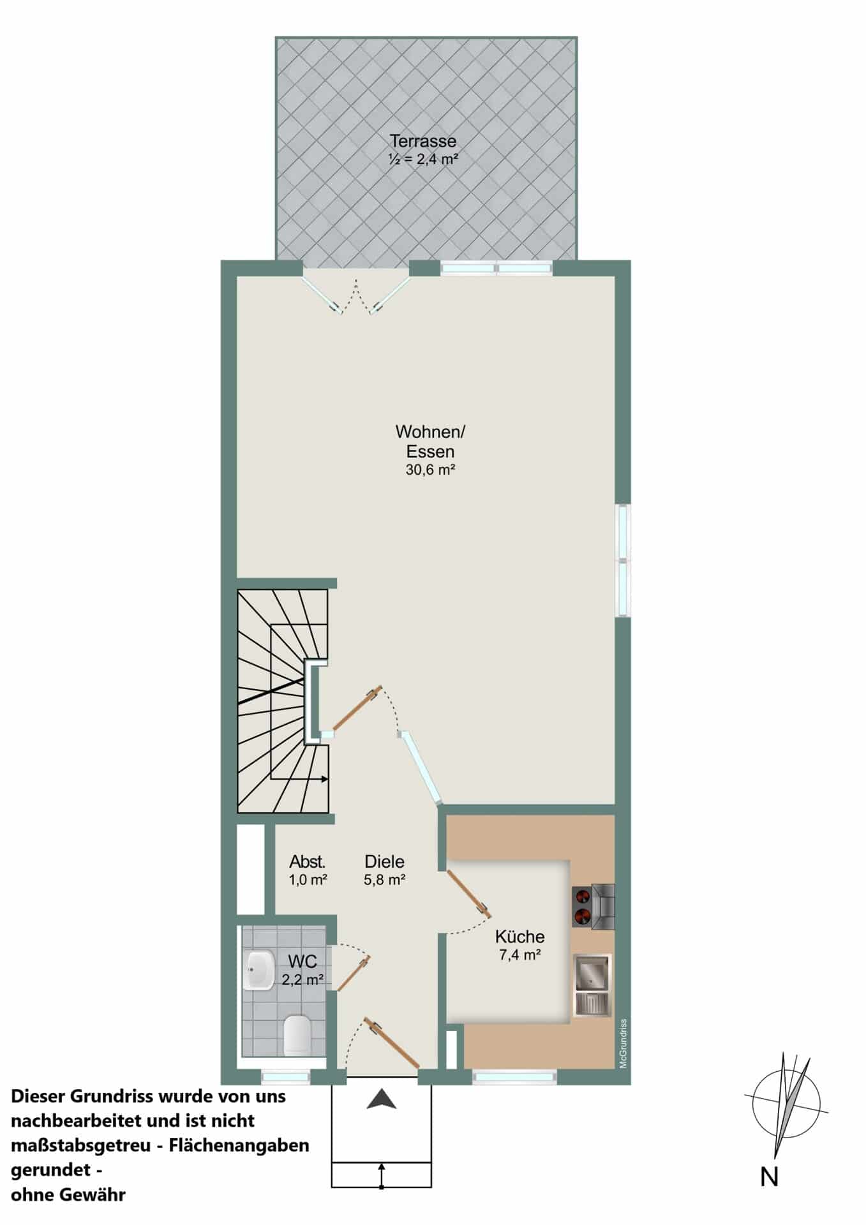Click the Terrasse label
pos(423,140)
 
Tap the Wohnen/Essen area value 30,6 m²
pos(430,470)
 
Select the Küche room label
pos(520,937)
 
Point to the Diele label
pos(385,861)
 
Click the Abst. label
pos(308,861)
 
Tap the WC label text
pos(302,961)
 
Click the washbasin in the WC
pos(258,970)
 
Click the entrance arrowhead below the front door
pos(382,1099)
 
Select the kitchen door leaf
pos(468,893)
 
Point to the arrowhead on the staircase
pos(325,779)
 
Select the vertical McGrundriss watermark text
pos(623,1043)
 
